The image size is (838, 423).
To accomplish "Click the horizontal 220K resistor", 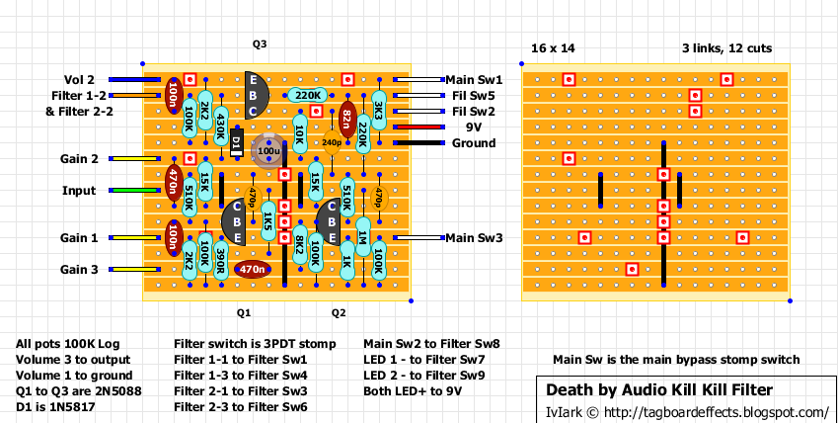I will coord(308,95).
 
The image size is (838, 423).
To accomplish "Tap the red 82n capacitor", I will coord(347,119).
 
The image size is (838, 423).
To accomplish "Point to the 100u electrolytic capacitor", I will coord(267,150).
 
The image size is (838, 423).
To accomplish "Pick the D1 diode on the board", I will coord(236,143).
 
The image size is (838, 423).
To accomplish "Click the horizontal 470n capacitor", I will coord(253,269).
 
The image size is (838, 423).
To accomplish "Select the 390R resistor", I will coord(220,260).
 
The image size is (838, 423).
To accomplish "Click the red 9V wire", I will coord(417,127).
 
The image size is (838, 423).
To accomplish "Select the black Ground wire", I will coord(417,142).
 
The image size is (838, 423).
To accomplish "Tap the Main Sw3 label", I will coord(474,238).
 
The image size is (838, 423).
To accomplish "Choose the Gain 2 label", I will coord(79,159).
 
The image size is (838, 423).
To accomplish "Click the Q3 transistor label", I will coord(260,44).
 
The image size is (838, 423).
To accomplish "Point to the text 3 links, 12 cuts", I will coord(726,48).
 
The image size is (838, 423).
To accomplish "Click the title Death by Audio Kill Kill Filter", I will coord(660,389).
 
